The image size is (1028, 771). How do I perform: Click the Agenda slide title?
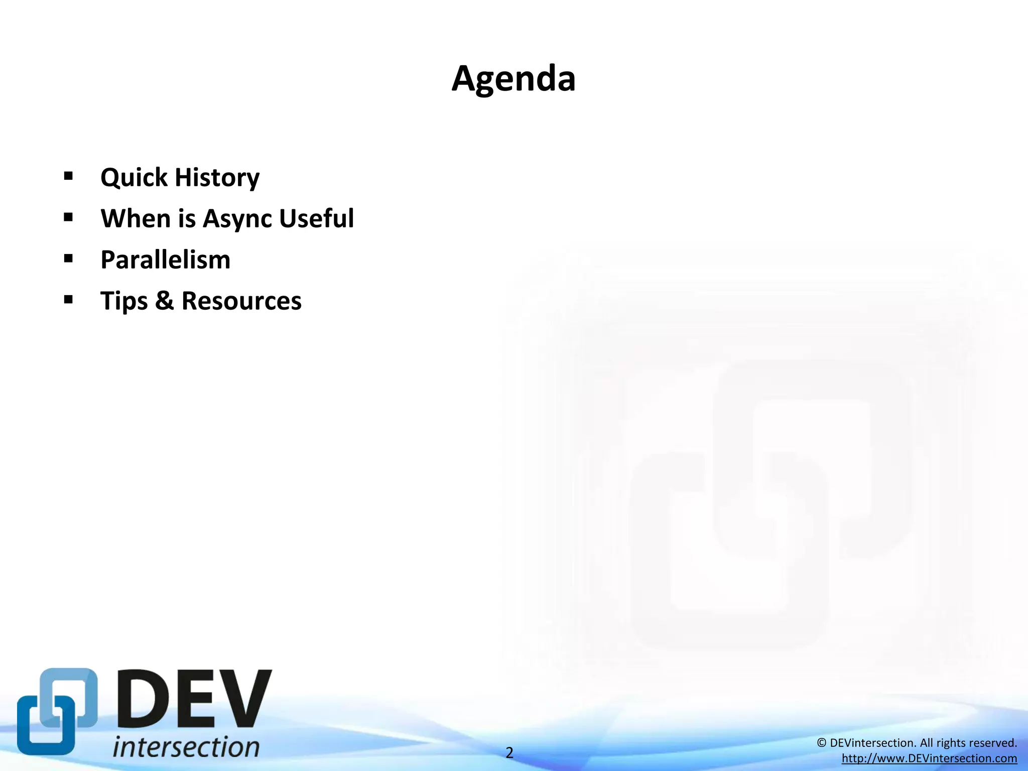[513, 79]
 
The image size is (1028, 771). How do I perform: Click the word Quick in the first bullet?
[134, 178]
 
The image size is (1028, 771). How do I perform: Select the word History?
[217, 178]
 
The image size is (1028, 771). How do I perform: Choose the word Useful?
[316, 218]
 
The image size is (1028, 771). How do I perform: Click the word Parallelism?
[165, 260]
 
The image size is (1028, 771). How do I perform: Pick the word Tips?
[124, 301]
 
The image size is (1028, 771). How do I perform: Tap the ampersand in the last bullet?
[164, 301]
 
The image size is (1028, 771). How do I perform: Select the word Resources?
[241, 301]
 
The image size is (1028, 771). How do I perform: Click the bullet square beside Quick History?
[69, 176]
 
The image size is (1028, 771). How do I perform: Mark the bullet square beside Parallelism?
[69, 259]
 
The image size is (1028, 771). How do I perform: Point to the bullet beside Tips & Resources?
[69, 300]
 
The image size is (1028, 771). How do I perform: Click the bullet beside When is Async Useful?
[69, 217]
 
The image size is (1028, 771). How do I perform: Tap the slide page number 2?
[509, 752]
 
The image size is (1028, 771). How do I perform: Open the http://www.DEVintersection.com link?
[929, 758]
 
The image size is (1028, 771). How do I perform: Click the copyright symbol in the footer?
[821, 743]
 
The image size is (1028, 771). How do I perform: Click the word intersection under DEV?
[186, 746]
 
